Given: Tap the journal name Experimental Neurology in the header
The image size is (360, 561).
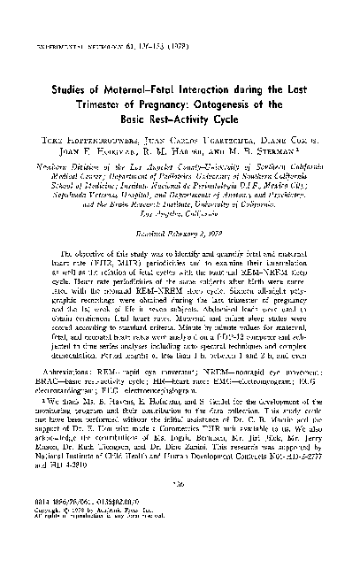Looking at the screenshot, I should click(79, 17).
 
